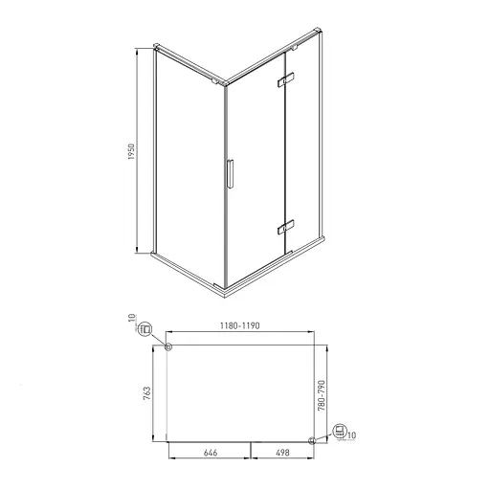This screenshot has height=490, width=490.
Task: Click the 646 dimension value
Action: (209, 456)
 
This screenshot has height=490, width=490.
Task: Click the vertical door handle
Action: (230, 177)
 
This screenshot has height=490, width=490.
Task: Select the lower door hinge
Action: (281, 228)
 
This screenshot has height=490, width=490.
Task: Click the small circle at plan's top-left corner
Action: (168, 347)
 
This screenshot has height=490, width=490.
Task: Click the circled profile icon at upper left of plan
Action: (145, 330)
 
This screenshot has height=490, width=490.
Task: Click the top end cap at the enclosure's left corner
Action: (158, 46)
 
